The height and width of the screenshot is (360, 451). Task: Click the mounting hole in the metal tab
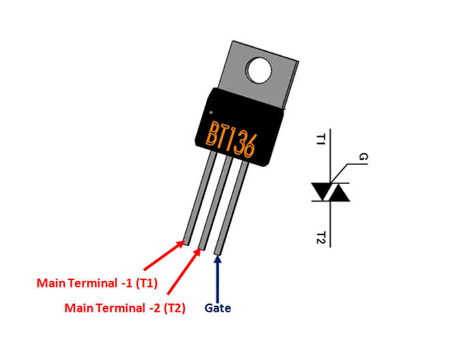click(260, 70)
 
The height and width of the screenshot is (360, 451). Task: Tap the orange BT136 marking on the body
click(231, 140)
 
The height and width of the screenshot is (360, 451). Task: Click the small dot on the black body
click(211, 112)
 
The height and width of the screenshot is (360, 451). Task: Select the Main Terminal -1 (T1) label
click(97, 283)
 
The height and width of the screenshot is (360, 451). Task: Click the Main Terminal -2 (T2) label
click(125, 308)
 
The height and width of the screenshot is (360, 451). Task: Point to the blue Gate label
click(218, 308)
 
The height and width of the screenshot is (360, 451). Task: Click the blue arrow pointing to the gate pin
click(218, 279)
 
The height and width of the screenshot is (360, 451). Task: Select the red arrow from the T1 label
click(164, 256)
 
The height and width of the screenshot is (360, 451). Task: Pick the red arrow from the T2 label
click(184, 271)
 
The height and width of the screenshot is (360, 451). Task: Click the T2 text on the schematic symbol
click(321, 238)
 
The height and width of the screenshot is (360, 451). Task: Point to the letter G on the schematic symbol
click(363, 157)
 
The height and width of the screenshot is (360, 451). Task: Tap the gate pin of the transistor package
click(232, 208)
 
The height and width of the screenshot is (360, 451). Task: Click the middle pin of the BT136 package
click(216, 202)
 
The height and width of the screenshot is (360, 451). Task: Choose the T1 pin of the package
click(200, 198)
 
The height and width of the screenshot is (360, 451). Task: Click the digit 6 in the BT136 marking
click(249, 147)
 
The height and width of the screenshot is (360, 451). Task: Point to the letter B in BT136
click(213, 134)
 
